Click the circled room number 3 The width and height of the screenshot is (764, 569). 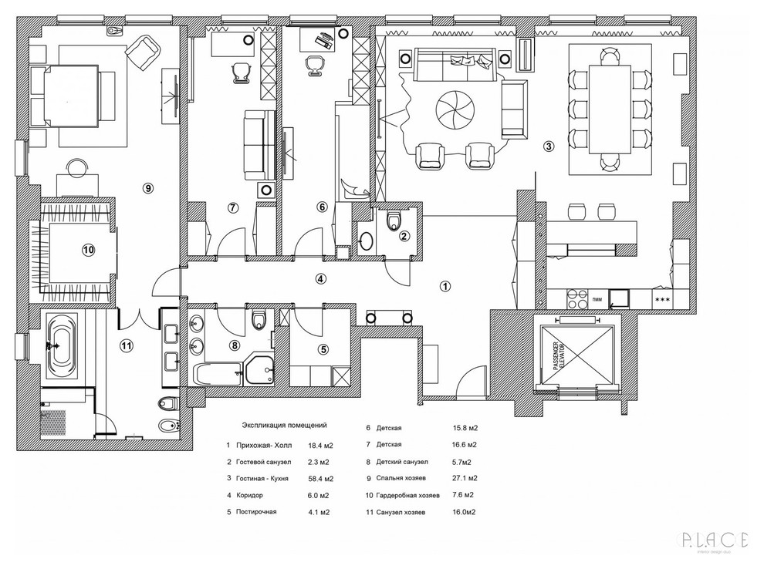[548, 146]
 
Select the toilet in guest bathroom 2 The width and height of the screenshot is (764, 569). [395, 222]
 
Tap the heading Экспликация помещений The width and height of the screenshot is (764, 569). [284, 425]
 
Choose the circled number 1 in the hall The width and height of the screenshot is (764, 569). [445, 285]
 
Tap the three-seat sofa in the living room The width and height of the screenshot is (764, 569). [454, 65]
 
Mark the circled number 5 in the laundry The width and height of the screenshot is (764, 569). [323, 348]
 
